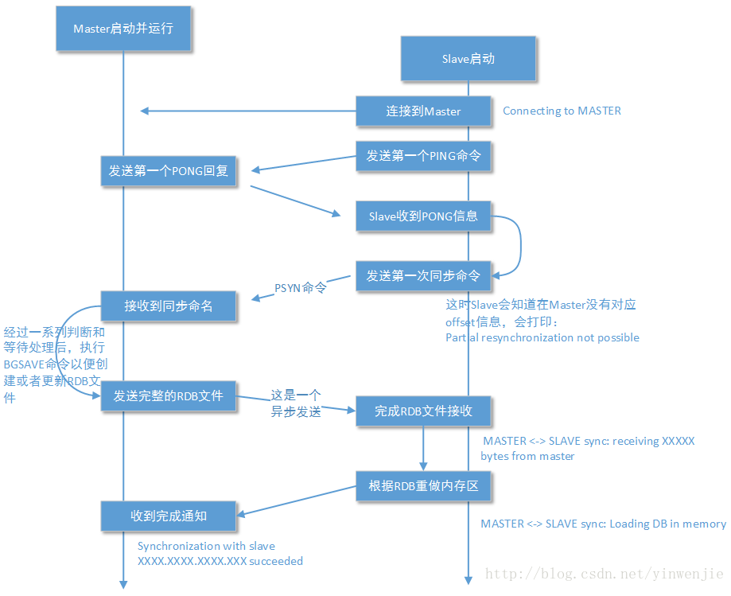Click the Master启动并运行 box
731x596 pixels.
click(x=123, y=28)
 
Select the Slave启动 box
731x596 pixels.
click(x=468, y=58)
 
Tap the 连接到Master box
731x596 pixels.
click(x=423, y=111)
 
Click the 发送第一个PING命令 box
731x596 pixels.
click(x=423, y=156)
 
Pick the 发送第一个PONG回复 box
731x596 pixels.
click(x=169, y=171)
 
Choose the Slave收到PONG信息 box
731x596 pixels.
click(x=423, y=216)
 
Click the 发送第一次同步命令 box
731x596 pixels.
click(x=423, y=276)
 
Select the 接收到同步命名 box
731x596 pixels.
click(x=169, y=306)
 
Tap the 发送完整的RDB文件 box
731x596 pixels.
click(x=169, y=395)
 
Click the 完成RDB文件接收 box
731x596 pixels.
click(x=423, y=411)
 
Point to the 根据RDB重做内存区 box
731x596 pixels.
click(x=423, y=485)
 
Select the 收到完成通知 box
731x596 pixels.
click(x=169, y=516)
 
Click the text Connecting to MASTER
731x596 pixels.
click(x=562, y=111)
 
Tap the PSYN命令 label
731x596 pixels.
click(x=301, y=287)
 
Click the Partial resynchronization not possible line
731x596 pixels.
click(x=542, y=337)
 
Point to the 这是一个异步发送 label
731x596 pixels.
click(x=296, y=403)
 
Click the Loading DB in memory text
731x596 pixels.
click(x=603, y=524)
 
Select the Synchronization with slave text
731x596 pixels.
click(x=206, y=546)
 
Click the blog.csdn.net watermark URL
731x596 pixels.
click(x=604, y=573)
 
